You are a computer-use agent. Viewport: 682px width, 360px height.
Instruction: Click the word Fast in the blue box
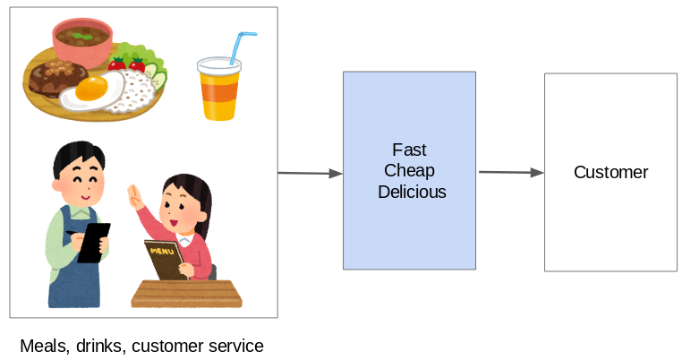409,150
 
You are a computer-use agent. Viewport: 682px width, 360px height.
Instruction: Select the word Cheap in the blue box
409,170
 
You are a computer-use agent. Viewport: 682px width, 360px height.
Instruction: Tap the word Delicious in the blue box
411,192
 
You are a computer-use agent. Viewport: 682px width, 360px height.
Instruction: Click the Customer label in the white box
610,172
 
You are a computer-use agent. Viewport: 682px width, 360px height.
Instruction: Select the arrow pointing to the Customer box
511,172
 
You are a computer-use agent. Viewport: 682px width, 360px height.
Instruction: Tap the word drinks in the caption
101,346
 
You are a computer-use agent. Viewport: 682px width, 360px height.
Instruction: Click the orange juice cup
218,90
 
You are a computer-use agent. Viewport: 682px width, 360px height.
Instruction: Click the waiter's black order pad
93,242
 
